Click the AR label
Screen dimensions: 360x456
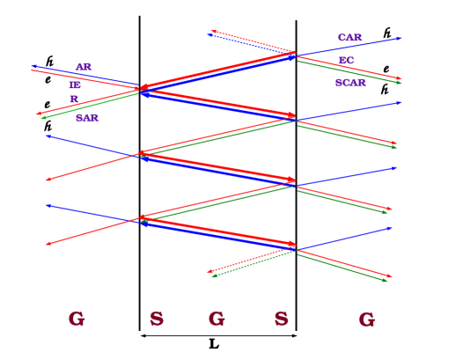[x=84, y=67]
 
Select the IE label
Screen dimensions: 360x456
[x=75, y=85]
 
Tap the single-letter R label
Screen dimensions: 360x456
[x=74, y=99]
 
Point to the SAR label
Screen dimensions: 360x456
[x=86, y=118]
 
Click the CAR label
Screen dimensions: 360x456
[x=349, y=38]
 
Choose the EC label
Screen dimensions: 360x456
[x=346, y=61]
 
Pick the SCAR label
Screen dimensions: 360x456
[x=349, y=83]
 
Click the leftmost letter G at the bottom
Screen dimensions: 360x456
[x=77, y=319]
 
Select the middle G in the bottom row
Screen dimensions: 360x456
[x=217, y=319]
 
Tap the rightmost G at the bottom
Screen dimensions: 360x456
[x=366, y=320]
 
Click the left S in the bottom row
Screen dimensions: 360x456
[x=157, y=319]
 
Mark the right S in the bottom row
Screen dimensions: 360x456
[x=281, y=319]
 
